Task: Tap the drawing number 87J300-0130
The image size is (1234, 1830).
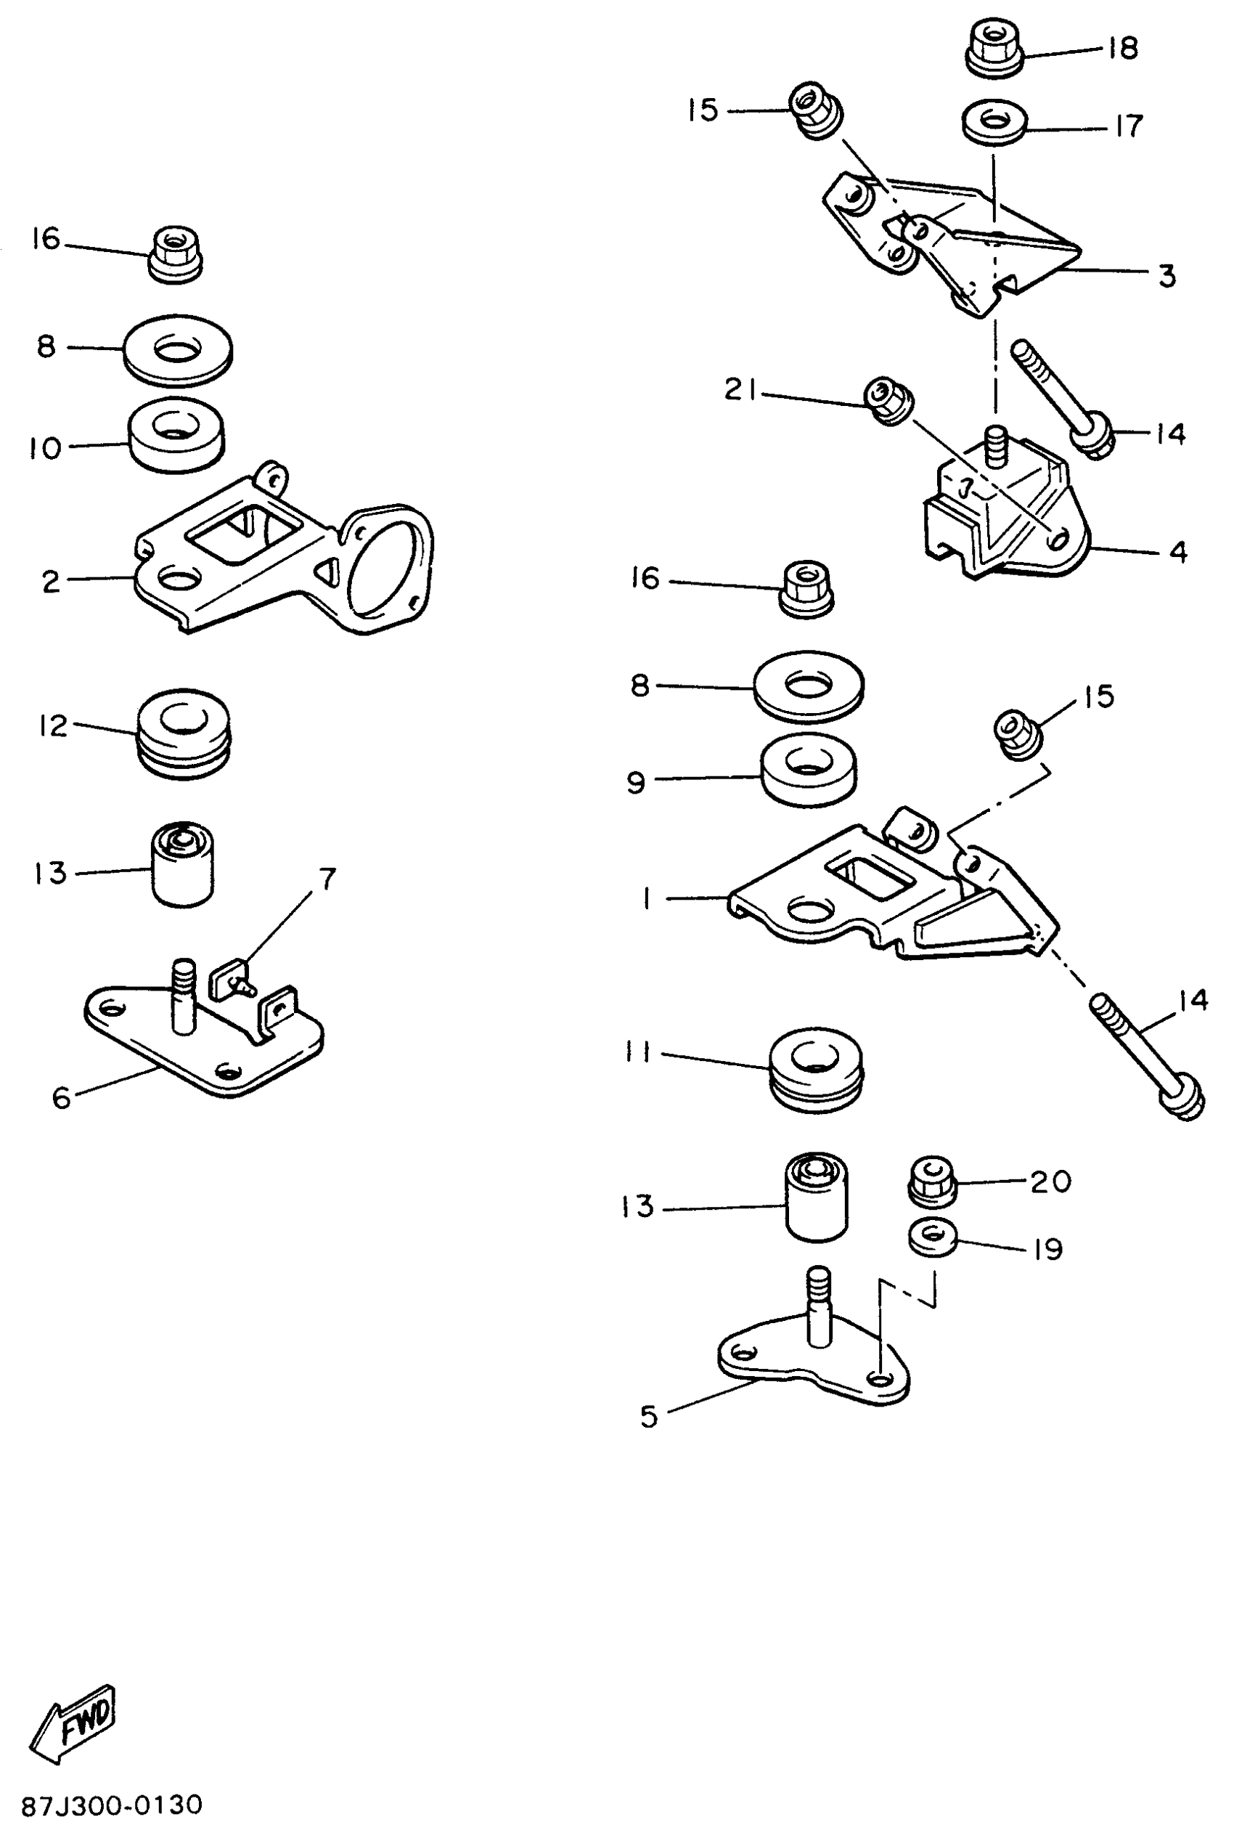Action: point(112,1804)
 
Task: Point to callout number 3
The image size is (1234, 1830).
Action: point(1167,275)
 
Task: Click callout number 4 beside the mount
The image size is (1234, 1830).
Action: point(1177,552)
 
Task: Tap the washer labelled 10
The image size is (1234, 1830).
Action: point(176,435)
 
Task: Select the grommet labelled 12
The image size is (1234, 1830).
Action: point(184,733)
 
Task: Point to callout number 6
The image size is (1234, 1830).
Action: point(62,1097)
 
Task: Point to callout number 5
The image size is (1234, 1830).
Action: point(648,1417)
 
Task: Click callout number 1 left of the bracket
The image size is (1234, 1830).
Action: point(647,898)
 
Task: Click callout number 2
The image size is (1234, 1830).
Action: point(51,582)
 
